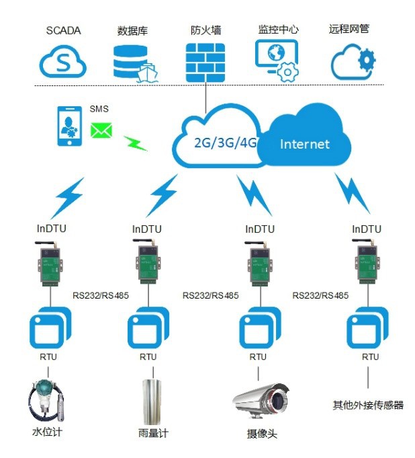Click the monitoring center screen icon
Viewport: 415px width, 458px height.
[276, 60]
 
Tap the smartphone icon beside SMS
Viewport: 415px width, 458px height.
[68, 126]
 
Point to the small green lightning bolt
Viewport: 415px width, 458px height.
[136, 143]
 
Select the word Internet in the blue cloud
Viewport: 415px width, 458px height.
[305, 144]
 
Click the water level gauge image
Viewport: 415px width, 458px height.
[46, 399]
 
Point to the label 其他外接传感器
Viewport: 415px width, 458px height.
[368, 405]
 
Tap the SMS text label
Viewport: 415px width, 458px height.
[99, 109]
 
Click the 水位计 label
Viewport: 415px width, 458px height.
[47, 432]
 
